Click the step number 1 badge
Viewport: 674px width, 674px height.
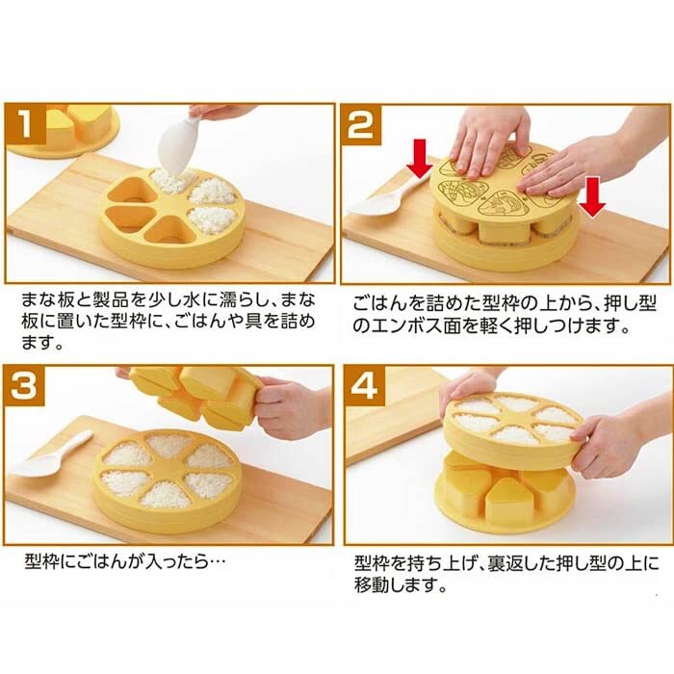tap(27, 124)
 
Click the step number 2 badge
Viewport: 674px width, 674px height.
tap(361, 124)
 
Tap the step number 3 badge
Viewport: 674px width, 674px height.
tap(24, 386)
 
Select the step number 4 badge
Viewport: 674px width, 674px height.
tap(365, 386)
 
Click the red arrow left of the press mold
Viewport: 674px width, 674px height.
tap(420, 158)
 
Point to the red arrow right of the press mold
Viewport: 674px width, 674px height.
tap(592, 196)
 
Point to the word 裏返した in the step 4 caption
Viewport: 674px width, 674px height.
tap(533, 563)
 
